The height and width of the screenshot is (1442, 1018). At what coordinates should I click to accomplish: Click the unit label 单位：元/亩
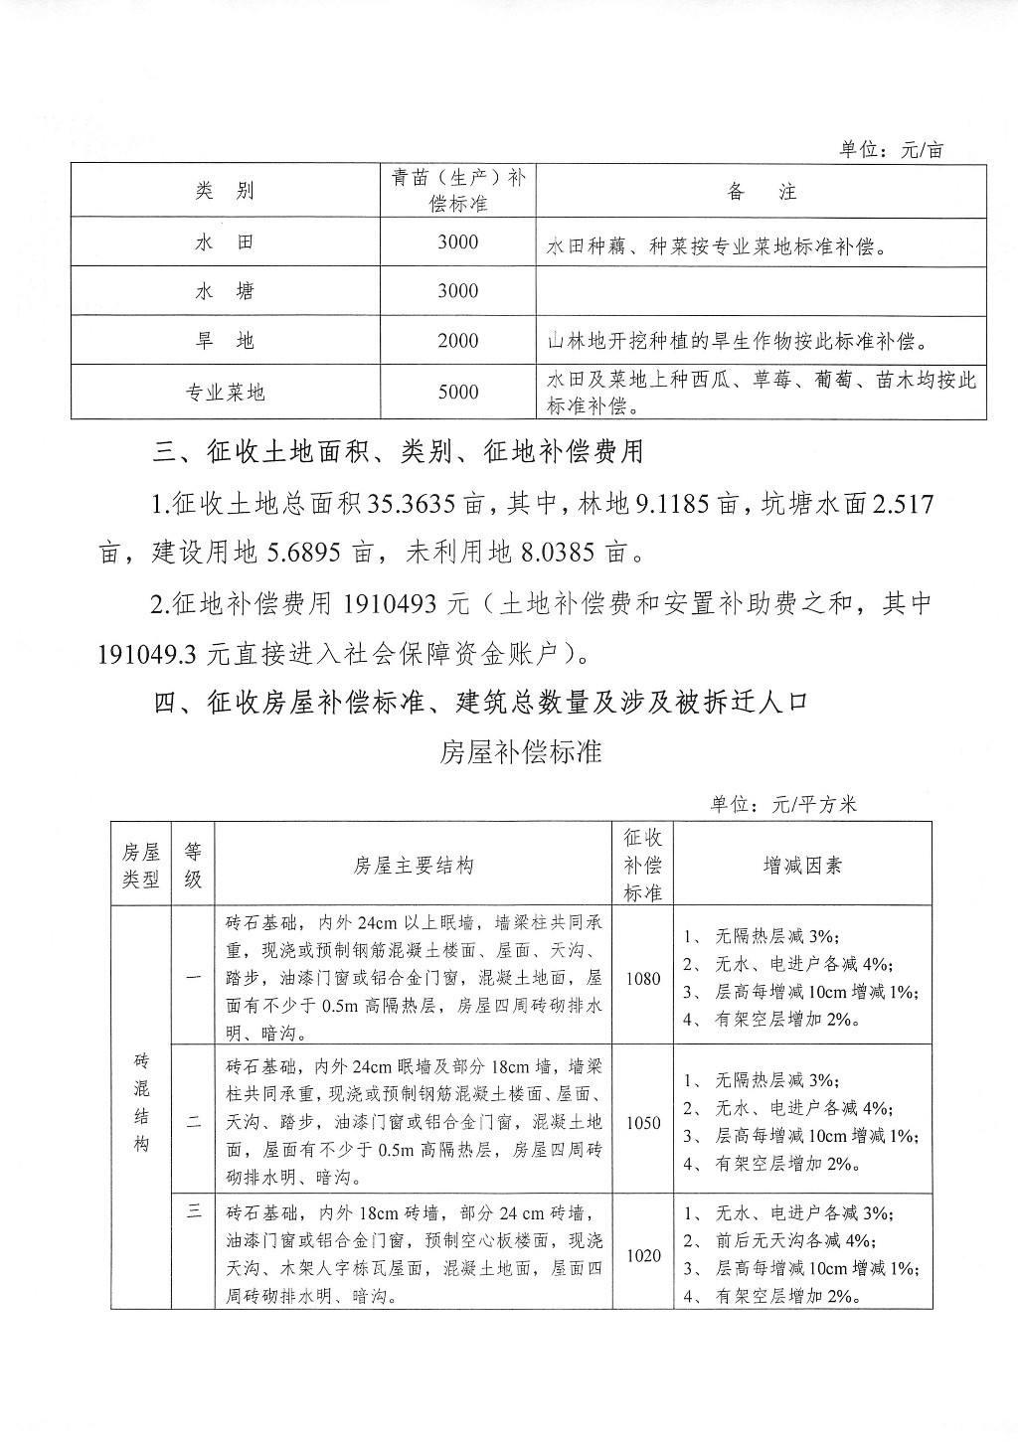pyautogui.click(x=891, y=149)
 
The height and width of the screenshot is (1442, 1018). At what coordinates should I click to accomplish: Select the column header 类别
pyautogui.click(x=225, y=191)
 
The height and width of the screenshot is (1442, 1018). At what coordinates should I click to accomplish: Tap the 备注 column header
pyautogui.click(x=762, y=191)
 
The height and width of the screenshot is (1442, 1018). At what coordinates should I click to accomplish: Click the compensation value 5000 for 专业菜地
pyautogui.click(x=458, y=392)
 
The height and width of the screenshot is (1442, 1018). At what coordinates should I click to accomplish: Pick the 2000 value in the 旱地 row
pyautogui.click(x=458, y=341)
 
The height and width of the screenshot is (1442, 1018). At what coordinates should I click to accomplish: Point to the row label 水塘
pyautogui.click(x=225, y=291)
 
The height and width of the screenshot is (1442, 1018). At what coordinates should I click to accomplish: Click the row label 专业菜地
pyautogui.click(x=226, y=393)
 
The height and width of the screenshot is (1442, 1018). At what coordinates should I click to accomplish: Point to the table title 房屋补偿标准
pyautogui.click(x=521, y=751)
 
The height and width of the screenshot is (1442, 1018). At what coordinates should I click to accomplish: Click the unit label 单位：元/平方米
pyautogui.click(x=783, y=804)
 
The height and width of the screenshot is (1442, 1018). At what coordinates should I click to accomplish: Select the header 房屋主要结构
pyautogui.click(x=414, y=866)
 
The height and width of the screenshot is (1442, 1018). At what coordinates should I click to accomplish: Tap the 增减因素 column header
pyautogui.click(x=802, y=866)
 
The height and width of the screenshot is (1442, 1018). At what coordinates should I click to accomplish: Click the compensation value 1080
pyautogui.click(x=643, y=978)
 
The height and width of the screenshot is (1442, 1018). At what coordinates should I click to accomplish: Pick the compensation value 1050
pyautogui.click(x=643, y=1123)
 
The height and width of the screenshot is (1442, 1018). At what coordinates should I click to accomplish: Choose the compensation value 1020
pyautogui.click(x=643, y=1256)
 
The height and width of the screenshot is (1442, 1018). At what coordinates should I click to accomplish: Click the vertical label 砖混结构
pyautogui.click(x=141, y=1103)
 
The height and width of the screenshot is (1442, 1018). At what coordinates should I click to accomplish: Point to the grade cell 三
pyautogui.click(x=194, y=1210)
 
